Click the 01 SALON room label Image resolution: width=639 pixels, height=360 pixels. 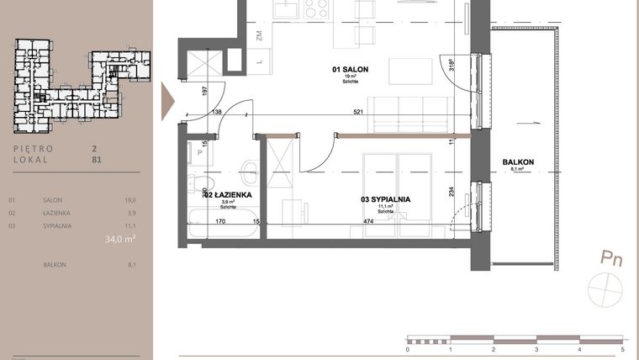tap(346, 67)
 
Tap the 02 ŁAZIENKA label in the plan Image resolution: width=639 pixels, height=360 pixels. tap(223, 195)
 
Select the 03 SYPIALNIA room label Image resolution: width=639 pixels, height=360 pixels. tap(385, 199)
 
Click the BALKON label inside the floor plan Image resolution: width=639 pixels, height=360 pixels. tap(518, 161)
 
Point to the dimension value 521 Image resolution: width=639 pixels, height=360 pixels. tap(358, 112)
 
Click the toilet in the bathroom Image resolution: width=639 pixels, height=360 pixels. tap(248, 172)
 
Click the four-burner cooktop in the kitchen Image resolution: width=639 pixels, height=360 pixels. tap(316, 8)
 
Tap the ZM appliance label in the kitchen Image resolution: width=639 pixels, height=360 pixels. tap(261, 35)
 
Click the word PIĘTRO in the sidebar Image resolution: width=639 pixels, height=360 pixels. tap(34, 148)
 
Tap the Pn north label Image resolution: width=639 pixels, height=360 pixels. tap(610, 258)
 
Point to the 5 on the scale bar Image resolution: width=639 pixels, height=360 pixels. tap(622, 348)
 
